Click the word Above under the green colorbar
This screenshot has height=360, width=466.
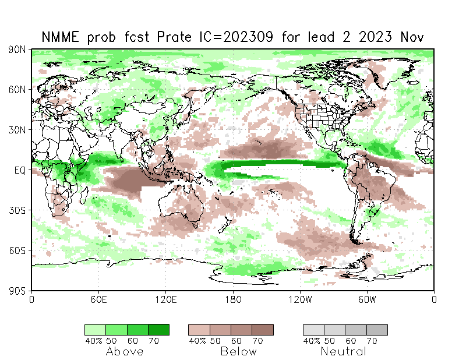point(125,351)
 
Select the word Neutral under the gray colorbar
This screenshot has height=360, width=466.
point(344,351)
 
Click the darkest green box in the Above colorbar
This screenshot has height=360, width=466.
point(158,330)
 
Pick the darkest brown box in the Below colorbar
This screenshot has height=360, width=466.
point(263,330)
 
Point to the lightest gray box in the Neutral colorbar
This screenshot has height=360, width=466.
point(313,330)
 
